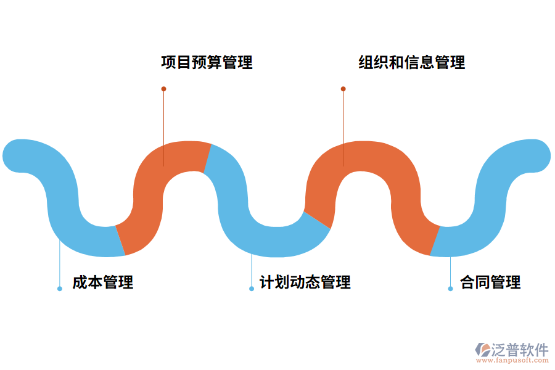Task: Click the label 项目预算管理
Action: [207, 62]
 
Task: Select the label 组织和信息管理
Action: [412, 62]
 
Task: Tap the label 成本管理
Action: [102, 282]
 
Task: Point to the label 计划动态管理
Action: [305, 282]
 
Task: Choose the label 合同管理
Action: [490, 282]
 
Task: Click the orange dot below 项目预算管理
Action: [163, 89]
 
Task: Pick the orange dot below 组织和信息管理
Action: [343, 89]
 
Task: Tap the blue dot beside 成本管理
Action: [60, 289]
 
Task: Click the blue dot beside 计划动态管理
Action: [252, 289]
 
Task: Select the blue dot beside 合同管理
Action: [450, 289]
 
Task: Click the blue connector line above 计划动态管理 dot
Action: [252, 271]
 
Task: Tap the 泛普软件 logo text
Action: [519, 349]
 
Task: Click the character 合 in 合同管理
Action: [467, 282]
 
